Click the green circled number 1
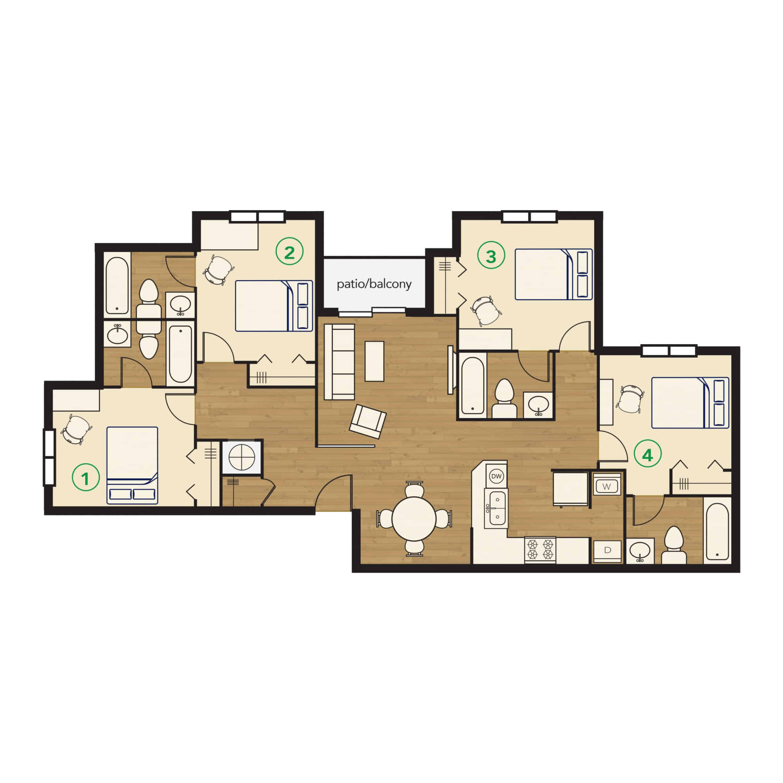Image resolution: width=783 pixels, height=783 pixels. pyautogui.click(x=85, y=479)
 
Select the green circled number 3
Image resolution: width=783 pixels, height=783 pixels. pyautogui.click(x=491, y=256)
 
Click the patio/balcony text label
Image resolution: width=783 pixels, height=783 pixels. pyautogui.click(x=373, y=284)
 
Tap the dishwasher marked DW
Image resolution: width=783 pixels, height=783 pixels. pyautogui.click(x=496, y=476)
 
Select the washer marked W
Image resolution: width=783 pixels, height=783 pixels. pyautogui.click(x=606, y=486)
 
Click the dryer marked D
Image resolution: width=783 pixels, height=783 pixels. pyautogui.click(x=607, y=550)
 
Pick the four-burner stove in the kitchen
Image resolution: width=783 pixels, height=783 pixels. pyautogui.click(x=540, y=549)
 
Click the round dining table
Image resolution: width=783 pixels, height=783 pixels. pyautogui.click(x=414, y=518)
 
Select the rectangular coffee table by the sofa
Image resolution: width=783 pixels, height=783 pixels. pyautogui.click(x=374, y=361)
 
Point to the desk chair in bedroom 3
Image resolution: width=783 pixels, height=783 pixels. pyautogui.click(x=486, y=310)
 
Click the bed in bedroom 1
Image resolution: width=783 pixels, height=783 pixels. pyautogui.click(x=132, y=465)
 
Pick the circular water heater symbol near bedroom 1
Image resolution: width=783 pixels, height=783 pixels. pyautogui.click(x=242, y=457)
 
